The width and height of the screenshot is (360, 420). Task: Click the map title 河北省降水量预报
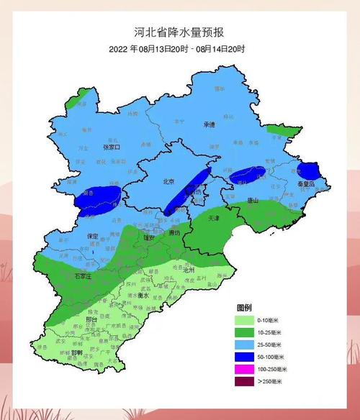pos(179,32)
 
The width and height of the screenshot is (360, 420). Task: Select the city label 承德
pos(209,124)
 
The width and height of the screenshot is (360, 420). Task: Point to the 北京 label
pos(168,181)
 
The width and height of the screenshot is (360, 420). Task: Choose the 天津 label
pos(213,218)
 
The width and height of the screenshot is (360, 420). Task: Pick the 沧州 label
pos(189,268)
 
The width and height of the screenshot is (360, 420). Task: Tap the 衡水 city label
pos(143,296)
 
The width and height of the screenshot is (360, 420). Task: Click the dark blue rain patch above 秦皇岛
pos(307,170)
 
